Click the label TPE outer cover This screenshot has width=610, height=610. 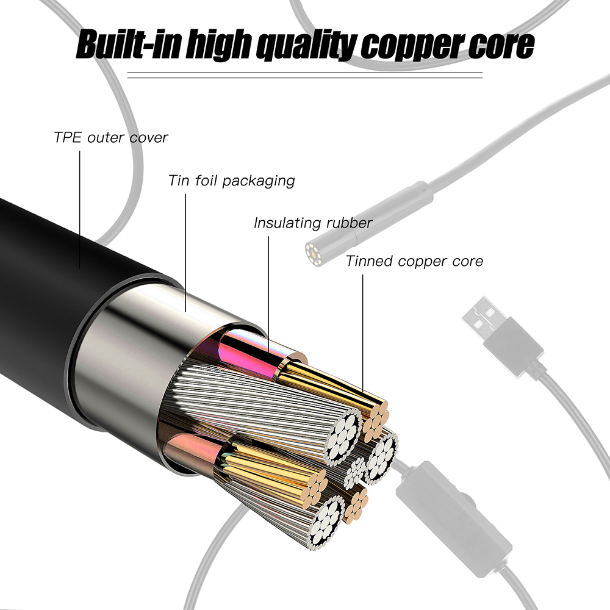click(x=110, y=137)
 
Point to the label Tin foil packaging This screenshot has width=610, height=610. click(x=231, y=181)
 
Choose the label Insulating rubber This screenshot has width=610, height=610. click(x=313, y=223)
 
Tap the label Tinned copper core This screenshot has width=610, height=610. click(x=414, y=262)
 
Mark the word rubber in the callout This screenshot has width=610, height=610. click(x=349, y=223)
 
